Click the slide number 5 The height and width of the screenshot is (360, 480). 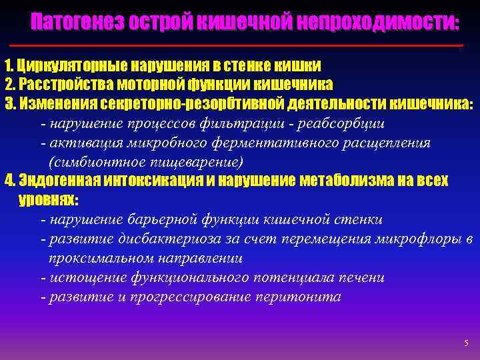tap(466, 343)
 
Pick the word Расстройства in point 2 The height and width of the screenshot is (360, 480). tap(59, 85)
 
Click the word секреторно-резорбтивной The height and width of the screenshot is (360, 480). tap(193, 104)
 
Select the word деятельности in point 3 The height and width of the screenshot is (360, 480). tap(328, 104)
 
